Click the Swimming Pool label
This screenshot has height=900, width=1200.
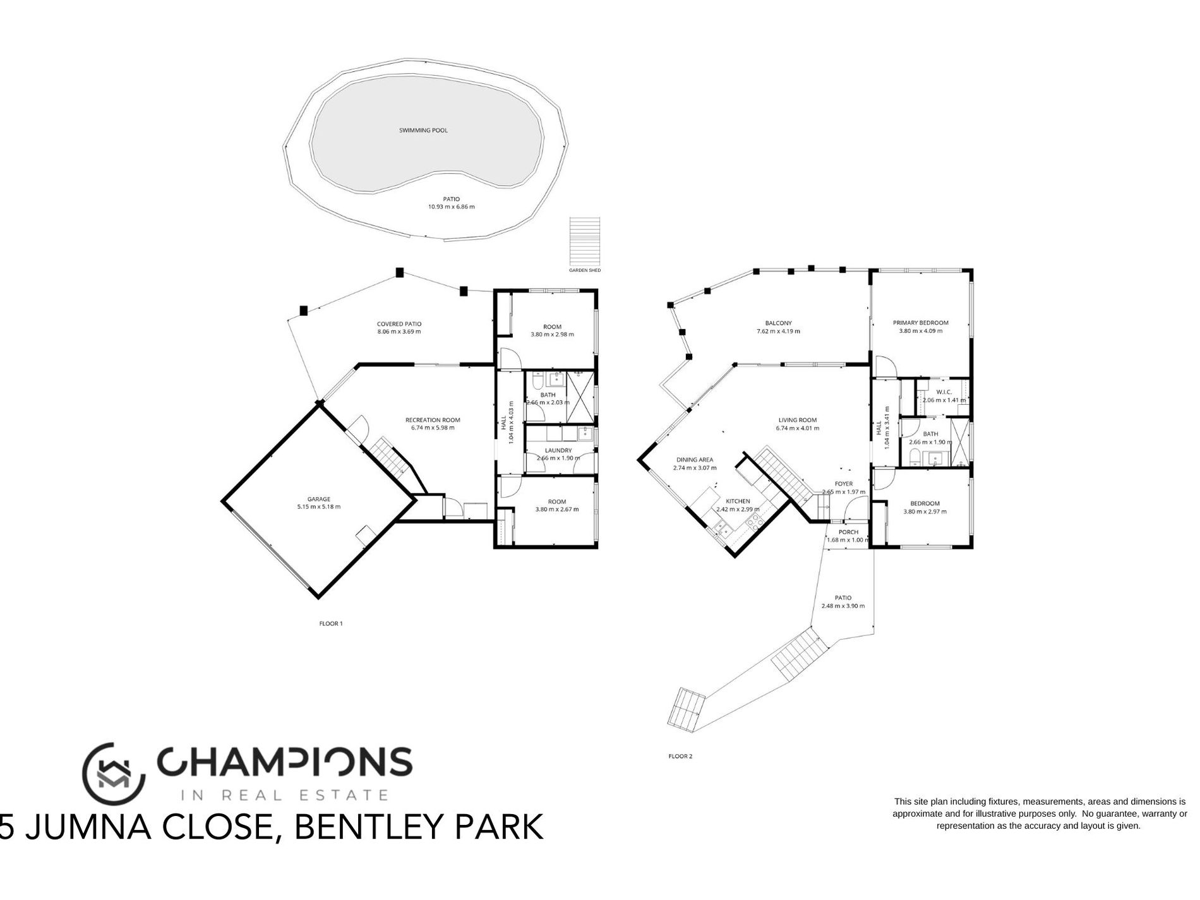point(423,131)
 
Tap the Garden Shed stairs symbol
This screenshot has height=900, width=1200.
point(585,242)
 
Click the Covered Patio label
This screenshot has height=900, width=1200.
point(399,324)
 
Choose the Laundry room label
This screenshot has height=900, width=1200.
point(558,450)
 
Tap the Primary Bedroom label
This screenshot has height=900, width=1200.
point(920,323)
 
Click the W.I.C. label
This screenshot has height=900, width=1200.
point(944,392)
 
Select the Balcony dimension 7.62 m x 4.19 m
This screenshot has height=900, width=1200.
point(778,332)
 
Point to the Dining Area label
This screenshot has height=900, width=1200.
point(694,460)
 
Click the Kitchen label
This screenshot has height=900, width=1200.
point(738,501)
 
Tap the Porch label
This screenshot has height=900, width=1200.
point(848,532)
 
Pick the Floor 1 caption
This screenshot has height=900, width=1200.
point(331,623)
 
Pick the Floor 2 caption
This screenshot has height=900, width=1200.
point(681,756)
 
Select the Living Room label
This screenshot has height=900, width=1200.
point(798,420)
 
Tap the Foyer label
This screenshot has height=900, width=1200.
point(844,484)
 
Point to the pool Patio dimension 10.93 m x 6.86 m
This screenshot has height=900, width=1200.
point(452,207)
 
